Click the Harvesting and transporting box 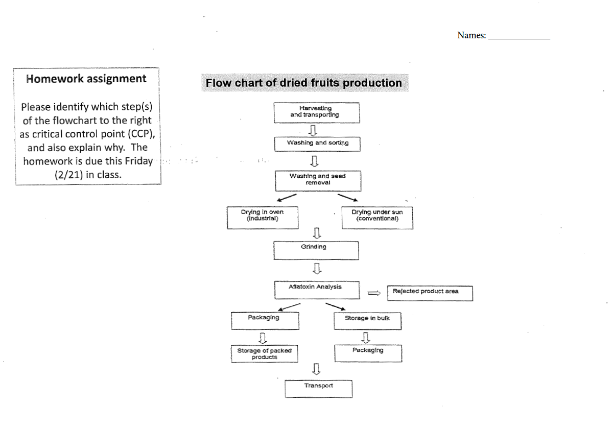316,112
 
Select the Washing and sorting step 317,144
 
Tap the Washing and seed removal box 318,180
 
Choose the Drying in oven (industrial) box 262,217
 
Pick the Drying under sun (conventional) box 376,217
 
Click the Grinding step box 316,250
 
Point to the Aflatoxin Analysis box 316,290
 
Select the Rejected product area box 430,293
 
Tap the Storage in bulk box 367,320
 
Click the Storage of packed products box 264,354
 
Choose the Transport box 318,388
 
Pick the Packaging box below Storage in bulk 368,352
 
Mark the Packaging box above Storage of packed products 265,320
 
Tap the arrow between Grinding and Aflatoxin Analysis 317,268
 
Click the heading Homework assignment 86,79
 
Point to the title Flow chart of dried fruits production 304,83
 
